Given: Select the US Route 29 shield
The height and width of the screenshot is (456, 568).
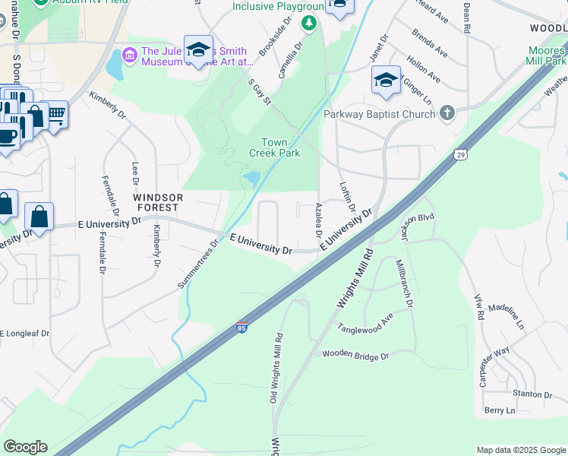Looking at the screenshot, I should click(x=460, y=155).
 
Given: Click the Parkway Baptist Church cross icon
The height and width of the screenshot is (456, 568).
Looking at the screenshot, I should click(x=447, y=114).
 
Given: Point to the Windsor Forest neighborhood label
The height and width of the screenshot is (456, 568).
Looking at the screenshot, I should click(x=156, y=201).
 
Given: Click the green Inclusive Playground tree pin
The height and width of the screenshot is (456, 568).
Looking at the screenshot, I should click(x=309, y=24).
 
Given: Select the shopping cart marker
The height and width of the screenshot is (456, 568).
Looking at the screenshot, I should click(x=55, y=116).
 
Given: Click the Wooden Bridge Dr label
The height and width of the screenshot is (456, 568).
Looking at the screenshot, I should click(x=355, y=355).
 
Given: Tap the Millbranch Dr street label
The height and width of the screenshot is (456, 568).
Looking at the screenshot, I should click(x=403, y=283).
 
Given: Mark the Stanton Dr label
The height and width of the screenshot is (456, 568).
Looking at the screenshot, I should click(x=532, y=394).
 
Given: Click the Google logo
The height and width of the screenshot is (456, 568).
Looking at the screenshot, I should click(x=25, y=447).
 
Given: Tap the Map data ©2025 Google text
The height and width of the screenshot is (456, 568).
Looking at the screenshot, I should click(x=520, y=450).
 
